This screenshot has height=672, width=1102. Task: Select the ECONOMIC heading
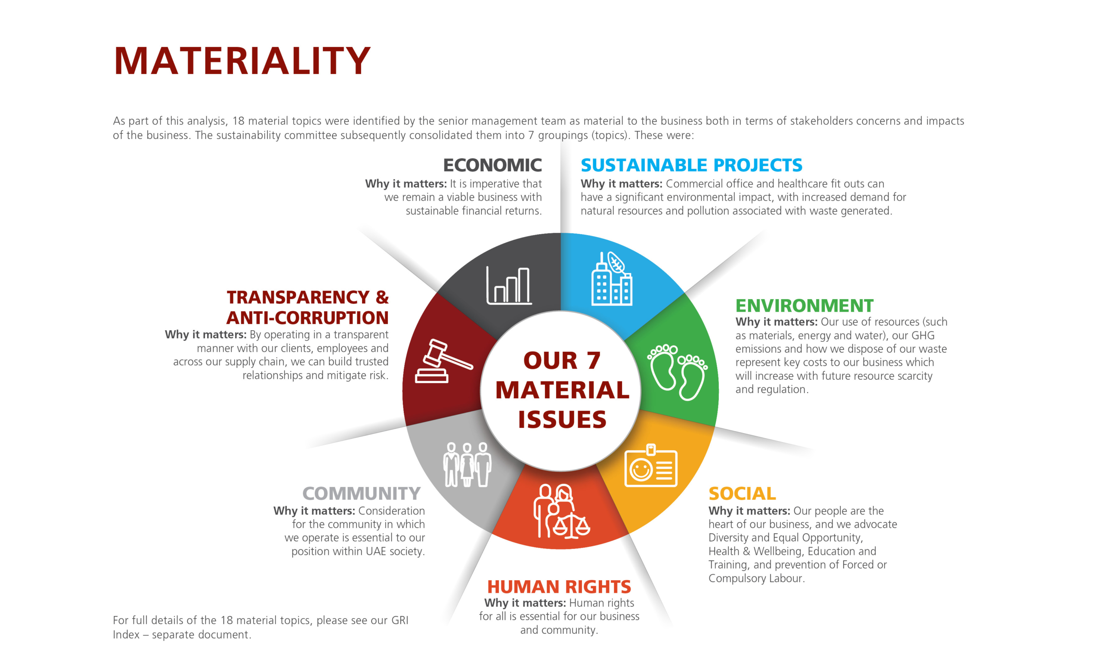click(492, 165)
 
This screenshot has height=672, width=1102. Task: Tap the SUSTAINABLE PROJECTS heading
click(691, 165)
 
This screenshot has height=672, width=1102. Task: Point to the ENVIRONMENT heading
click(804, 306)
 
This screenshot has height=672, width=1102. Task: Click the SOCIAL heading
click(742, 493)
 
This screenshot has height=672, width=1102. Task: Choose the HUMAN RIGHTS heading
click(559, 586)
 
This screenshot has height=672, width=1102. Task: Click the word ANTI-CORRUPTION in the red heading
click(308, 318)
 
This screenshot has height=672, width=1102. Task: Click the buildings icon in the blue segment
click(611, 278)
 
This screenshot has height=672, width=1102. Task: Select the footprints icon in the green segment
click(677, 372)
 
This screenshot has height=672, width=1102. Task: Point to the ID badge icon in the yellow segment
click(651, 465)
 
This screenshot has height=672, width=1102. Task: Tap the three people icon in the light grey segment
click(467, 465)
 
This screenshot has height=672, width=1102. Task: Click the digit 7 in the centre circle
click(593, 360)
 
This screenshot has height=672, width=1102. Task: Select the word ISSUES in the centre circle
click(562, 419)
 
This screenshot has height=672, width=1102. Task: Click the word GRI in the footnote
click(400, 620)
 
